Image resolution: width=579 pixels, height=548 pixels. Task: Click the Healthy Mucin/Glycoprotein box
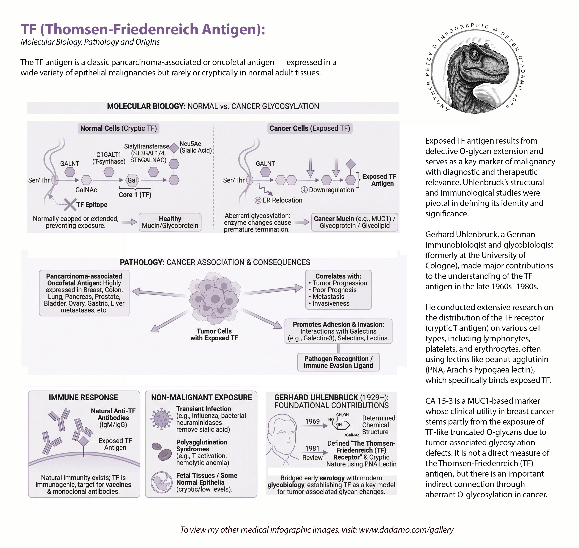pos(170,222)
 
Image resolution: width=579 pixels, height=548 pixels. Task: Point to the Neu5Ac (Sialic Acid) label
pos(195,147)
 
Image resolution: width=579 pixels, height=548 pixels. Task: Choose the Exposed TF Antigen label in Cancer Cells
pos(379,180)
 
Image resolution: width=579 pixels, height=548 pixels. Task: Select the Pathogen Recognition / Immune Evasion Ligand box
pos(338,362)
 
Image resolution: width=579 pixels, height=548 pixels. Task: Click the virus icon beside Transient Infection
pos(161,418)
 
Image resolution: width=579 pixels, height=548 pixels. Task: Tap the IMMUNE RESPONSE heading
pos(84,398)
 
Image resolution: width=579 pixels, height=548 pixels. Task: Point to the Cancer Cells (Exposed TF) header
pos(310,128)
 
